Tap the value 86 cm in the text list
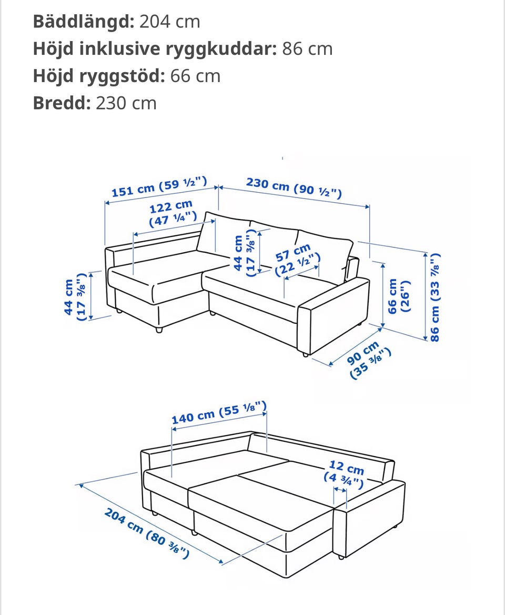tap(307, 48)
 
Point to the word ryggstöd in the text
tap(122, 76)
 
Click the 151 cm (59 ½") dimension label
tap(159, 187)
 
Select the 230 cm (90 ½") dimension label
tap(294, 187)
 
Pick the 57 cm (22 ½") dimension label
tap(297, 260)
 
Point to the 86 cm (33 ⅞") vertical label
tap(435, 297)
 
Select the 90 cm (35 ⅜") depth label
tap(368, 360)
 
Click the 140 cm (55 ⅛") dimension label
tap(219, 413)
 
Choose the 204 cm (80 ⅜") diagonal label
tap(147, 533)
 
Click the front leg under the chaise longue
tap(159, 330)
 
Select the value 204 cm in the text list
tap(169, 21)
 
